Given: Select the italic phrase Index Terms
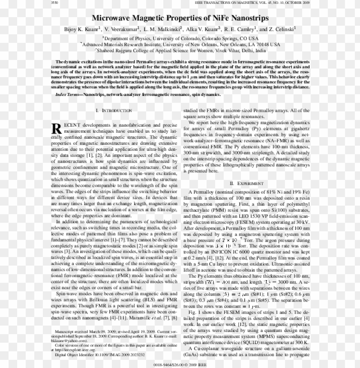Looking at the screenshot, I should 69,94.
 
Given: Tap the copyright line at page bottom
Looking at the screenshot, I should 180,365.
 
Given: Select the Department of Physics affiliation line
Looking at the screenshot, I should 180,38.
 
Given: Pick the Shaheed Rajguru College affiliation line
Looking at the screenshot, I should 180,50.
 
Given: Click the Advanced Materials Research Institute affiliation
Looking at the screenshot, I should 180,44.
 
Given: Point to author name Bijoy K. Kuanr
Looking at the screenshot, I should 83,30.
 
